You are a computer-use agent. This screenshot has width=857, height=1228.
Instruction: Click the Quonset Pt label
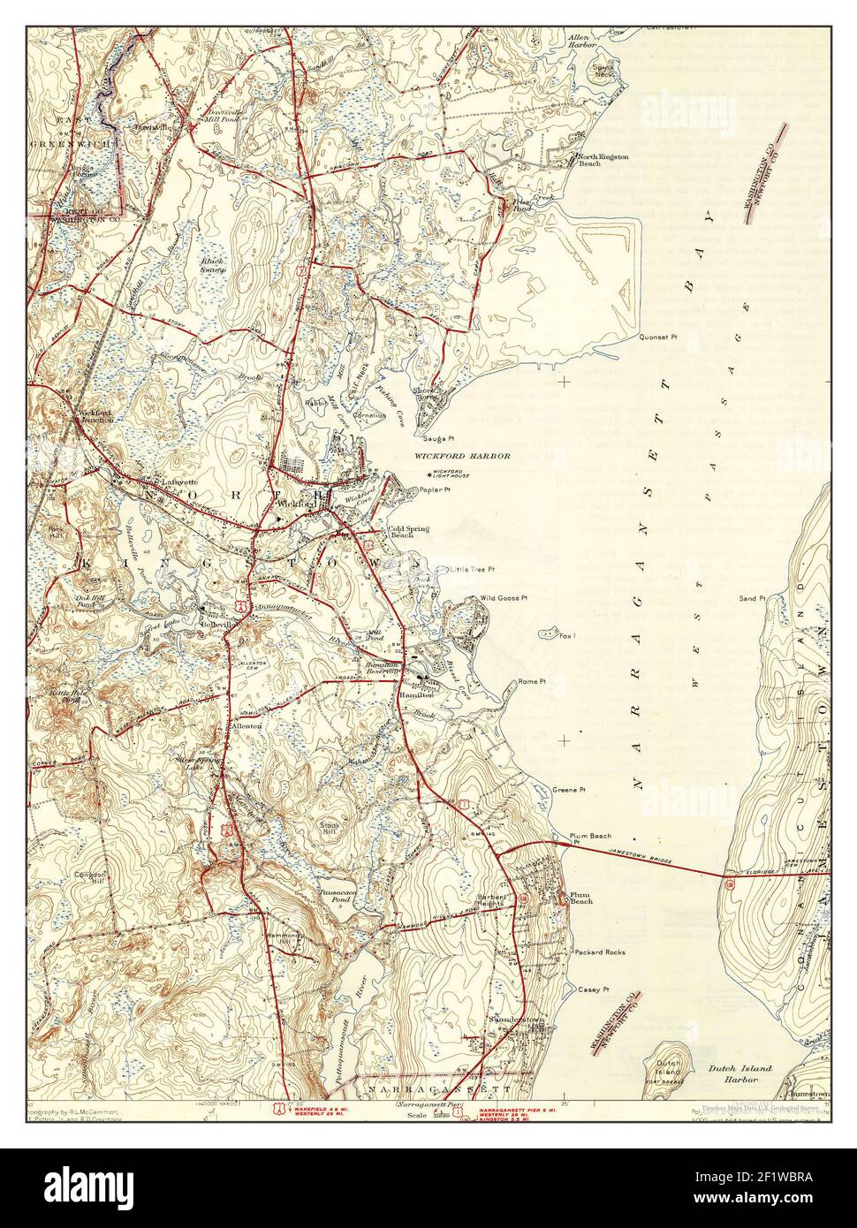tap(658, 337)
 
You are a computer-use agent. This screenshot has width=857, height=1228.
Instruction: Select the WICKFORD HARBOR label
tap(462, 456)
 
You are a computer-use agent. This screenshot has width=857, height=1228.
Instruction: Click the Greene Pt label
tap(569, 789)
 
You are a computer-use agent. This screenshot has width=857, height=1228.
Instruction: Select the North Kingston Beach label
tap(603, 160)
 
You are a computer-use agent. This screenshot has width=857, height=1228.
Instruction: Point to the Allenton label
tap(246, 725)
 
